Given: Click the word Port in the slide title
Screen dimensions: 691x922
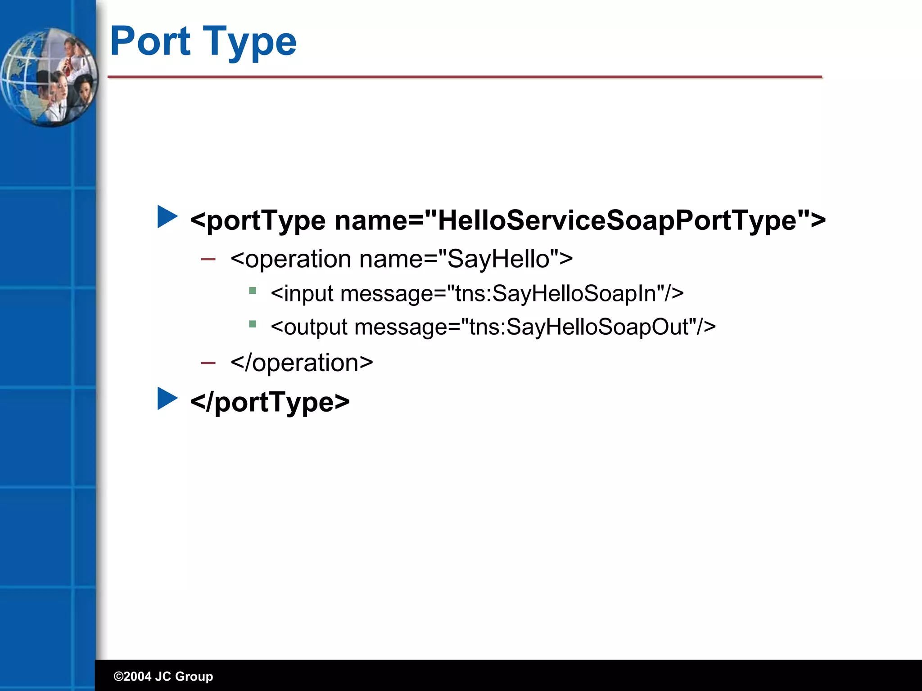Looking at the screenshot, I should (x=150, y=41).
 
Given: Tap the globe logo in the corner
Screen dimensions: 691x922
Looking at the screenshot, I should (x=49, y=77).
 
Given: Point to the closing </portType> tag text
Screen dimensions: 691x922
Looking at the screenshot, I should (x=270, y=402).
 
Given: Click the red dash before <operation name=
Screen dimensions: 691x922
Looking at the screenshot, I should (x=208, y=259).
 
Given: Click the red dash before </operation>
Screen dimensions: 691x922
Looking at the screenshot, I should (x=208, y=363).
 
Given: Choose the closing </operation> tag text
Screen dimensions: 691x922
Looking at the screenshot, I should (x=302, y=363).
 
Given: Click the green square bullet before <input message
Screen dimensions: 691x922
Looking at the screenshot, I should (x=253, y=291).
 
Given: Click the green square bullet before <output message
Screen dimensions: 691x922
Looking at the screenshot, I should (x=253, y=324).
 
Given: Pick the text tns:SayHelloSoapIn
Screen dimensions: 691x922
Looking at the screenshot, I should (x=556, y=293).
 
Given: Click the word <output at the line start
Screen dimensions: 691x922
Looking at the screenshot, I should (x=309, y=327).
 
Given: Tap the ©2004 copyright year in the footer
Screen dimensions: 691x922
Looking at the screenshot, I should (x=132, y=676).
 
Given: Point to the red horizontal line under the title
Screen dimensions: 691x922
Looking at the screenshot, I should (x=465, y=77).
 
